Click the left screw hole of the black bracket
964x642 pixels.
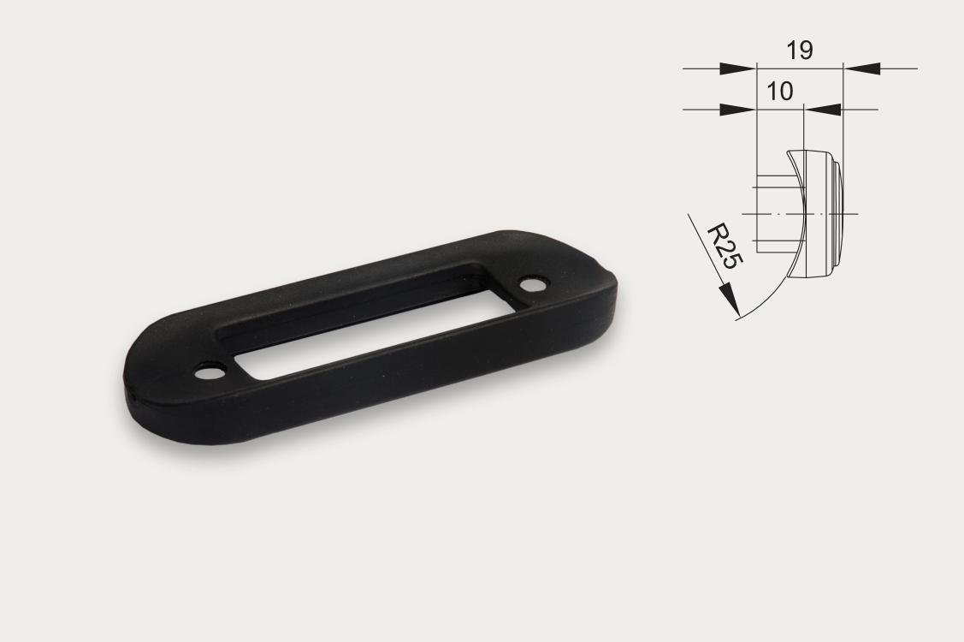(210, 372)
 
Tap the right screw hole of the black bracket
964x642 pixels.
(532, 284)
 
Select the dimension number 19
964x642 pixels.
(800, 51)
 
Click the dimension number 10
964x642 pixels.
(779, 91)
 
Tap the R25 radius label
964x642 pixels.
(724, 247)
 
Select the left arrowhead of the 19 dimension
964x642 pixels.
(737, 68)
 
